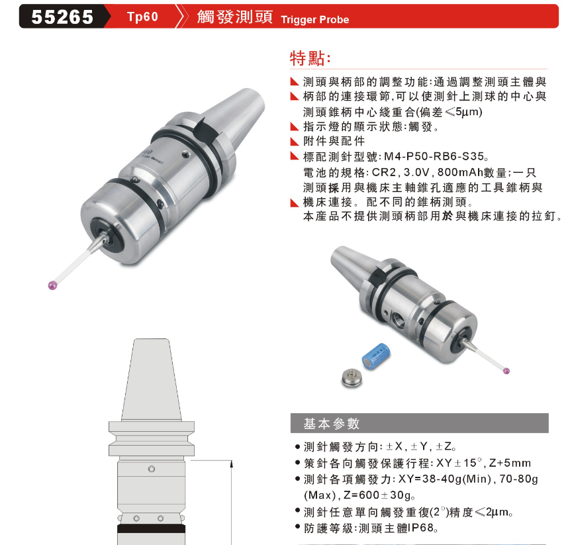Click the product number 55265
pos(62,17)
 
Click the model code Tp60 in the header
pos(142,17)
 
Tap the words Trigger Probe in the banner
pos(315,20)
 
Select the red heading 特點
pos(310,58)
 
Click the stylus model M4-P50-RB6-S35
pos(434,156)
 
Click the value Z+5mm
pos(510,463)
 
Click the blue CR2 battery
pos(376,357)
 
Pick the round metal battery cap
pos(352,377)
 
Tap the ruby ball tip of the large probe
pos(53,285)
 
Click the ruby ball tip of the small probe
pos(506,371)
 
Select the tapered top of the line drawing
pos(151,380)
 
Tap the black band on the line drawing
pos(151,528)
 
